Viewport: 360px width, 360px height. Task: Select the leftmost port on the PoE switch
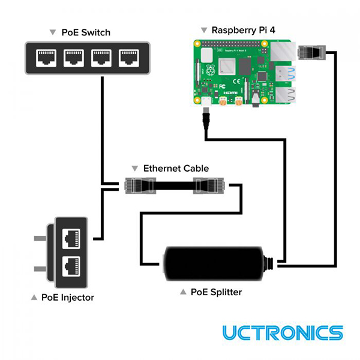46,58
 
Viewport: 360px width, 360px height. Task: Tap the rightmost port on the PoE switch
128,58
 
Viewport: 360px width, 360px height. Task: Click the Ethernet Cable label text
176,169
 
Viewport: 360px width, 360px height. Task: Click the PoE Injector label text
67,297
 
